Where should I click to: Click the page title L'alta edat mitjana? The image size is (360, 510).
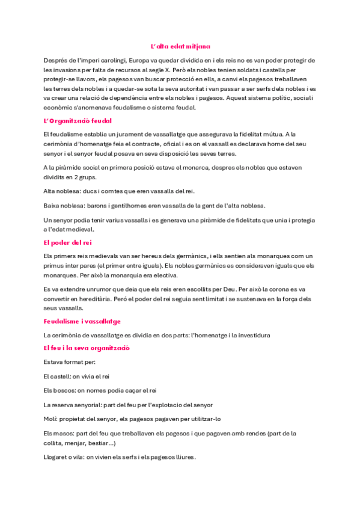[x=180, y=46]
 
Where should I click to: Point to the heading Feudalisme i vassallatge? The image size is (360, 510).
[x=82, y=321]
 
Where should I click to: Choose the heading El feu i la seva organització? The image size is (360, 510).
[x=87, y=348]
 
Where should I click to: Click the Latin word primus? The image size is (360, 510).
[x=54, y=265]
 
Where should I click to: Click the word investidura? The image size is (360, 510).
[x=251, y=334]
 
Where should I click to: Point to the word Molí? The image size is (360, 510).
[x=50, y=419]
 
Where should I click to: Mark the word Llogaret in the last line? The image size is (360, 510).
[x=56, y=457]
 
